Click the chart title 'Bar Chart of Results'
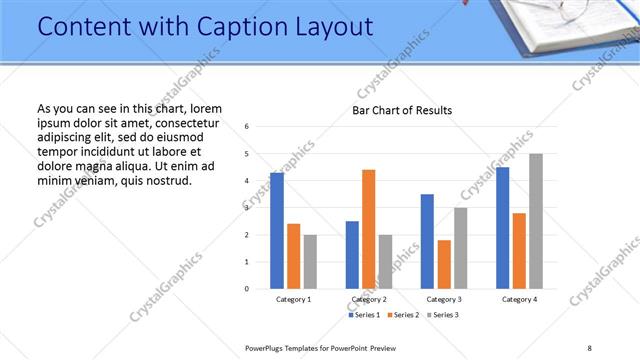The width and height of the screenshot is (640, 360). (x=402, y=110)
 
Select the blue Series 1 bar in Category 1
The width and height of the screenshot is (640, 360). (x=277, y=231)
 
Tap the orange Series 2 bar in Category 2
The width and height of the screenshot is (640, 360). (x=369, y=229)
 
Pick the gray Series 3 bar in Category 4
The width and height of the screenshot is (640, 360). (x=536, y=221)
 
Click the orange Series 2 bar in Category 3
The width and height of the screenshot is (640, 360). (x=444, y=264)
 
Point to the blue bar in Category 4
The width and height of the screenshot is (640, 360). (x=502, y=228)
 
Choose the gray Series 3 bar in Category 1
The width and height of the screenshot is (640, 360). (x=311, y=262)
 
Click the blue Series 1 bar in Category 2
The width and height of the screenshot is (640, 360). (x=352, y=255)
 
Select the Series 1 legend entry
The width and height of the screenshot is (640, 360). (x=364, y=315)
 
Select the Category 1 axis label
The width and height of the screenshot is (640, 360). (x=294, y=299)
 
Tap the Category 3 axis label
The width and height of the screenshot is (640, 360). (x=444, y=299)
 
